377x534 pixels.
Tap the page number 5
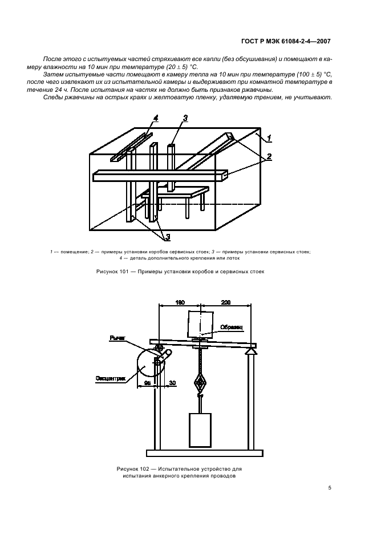[330, 487]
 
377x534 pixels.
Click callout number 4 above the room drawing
[155, 118]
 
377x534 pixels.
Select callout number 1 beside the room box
[269, 137]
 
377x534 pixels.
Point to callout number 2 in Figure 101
[269, 156]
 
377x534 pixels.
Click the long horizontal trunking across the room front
[160, 176]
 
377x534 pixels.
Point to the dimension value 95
[147, 383]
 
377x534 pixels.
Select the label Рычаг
[117, 338]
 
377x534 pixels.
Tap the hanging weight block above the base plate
[200, 430]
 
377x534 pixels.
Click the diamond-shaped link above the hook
[200, 381]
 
